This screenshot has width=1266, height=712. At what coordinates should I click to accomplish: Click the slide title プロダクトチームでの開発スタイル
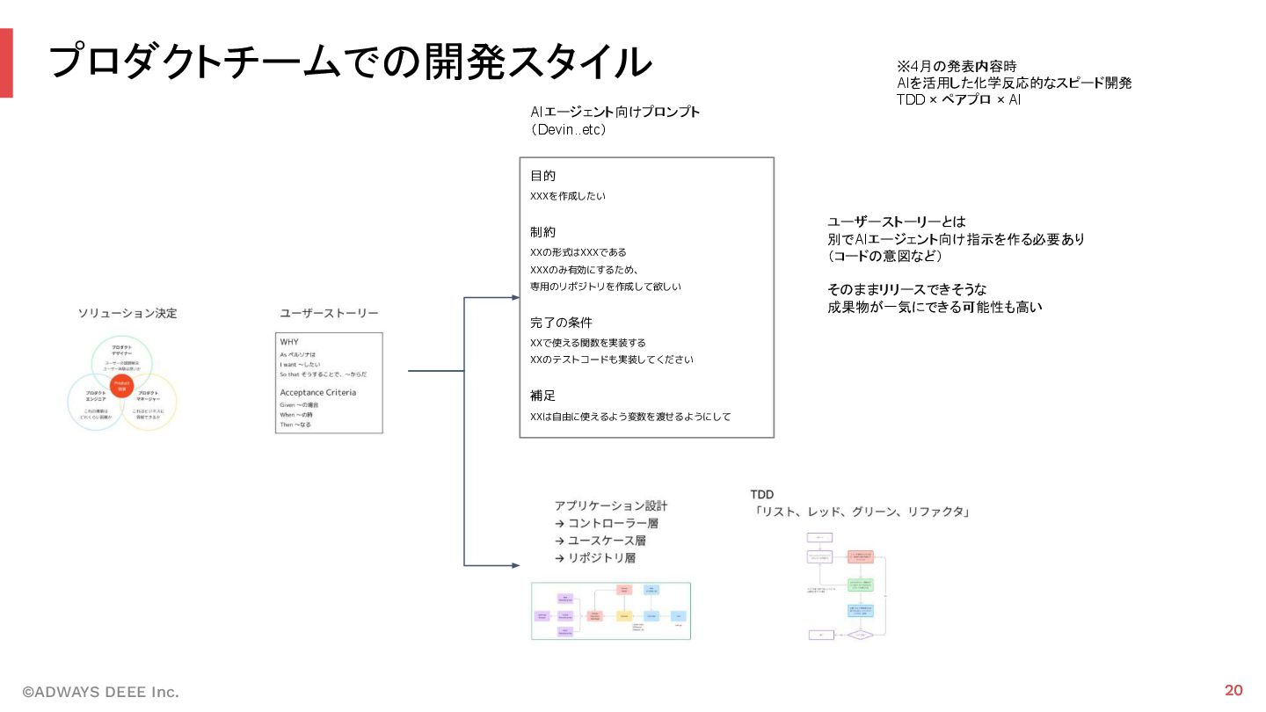[x=350, y=62]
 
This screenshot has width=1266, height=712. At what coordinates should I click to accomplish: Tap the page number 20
[x=1233, y=689]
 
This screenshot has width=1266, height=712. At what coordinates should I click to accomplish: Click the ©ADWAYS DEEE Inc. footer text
[x=100, y=692]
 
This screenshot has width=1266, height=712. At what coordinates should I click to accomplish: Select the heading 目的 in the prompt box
[x=543, y=176]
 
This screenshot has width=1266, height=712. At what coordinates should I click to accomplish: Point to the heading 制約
[x=543, y=232]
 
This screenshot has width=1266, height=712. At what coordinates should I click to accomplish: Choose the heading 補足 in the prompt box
[x=543, y=396]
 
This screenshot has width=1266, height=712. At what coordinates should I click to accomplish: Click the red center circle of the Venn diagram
[x=122, y=386]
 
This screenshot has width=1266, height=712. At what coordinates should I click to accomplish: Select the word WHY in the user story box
[x=290, y=341]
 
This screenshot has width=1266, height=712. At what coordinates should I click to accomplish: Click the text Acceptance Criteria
[x=317, y=392]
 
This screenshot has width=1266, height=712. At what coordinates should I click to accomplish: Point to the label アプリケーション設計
[x=611, y=505]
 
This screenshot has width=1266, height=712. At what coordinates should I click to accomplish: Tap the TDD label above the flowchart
[x=761, y=495]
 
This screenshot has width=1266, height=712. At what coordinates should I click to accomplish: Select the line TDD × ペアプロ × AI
[x=958, y=99]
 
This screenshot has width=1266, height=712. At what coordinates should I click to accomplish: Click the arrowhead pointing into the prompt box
[x=515, y=298]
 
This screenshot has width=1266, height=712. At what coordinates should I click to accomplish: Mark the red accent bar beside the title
[x=6, y=62]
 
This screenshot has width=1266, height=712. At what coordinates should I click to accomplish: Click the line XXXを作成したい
[x=568, y=196]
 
